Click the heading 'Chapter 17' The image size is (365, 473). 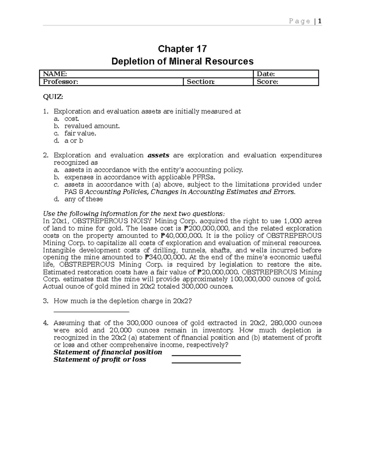182,49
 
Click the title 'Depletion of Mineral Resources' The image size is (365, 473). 182,61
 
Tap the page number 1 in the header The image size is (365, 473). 320,21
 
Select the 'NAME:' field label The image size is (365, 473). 55,74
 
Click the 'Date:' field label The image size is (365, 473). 266,74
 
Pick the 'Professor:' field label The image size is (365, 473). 60,82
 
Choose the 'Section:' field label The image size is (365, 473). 200,82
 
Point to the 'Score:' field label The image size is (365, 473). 267,82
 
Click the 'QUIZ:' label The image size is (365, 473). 53,97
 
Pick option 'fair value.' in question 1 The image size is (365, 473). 80,133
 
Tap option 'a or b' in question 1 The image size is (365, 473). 74,141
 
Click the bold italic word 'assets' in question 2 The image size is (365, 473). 158,155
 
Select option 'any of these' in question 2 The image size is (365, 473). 83,199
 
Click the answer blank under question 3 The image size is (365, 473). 91,311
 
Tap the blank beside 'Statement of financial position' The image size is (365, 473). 206,355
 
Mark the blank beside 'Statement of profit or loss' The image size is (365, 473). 206,362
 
